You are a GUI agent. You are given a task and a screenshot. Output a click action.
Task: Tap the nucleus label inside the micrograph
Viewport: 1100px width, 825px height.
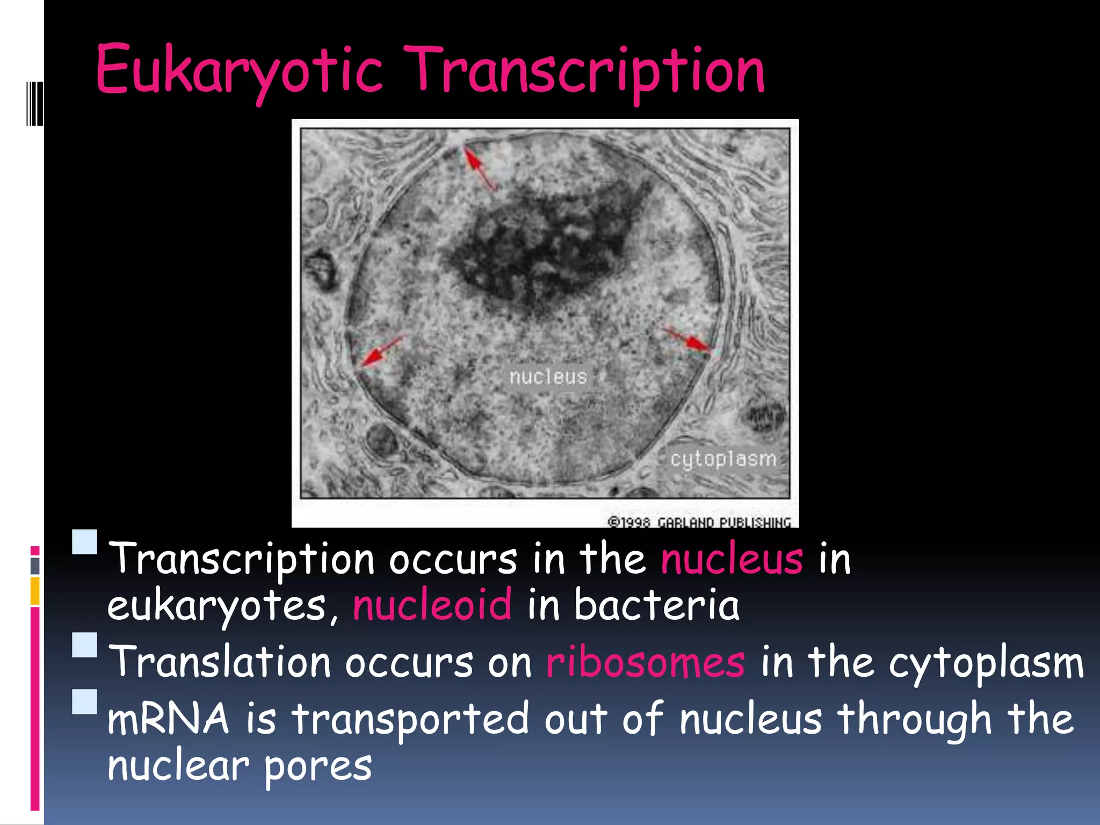point(548,377)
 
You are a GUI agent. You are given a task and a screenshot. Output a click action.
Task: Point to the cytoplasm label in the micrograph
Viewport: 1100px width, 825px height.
point(723,459)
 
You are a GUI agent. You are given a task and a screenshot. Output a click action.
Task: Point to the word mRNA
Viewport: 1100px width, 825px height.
point(168,719)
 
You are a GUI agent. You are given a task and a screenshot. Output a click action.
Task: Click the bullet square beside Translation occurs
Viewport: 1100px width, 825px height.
point(85,645)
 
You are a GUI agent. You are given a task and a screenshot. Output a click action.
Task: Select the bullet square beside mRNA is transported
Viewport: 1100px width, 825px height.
point(85,701)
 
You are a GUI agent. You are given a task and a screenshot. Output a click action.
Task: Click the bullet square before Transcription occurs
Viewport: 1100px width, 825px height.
point(85,542)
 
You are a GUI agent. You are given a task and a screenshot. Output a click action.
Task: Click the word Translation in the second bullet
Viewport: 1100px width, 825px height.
point(219,662)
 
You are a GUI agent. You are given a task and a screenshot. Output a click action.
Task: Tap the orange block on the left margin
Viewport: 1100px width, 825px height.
point(35,591)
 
